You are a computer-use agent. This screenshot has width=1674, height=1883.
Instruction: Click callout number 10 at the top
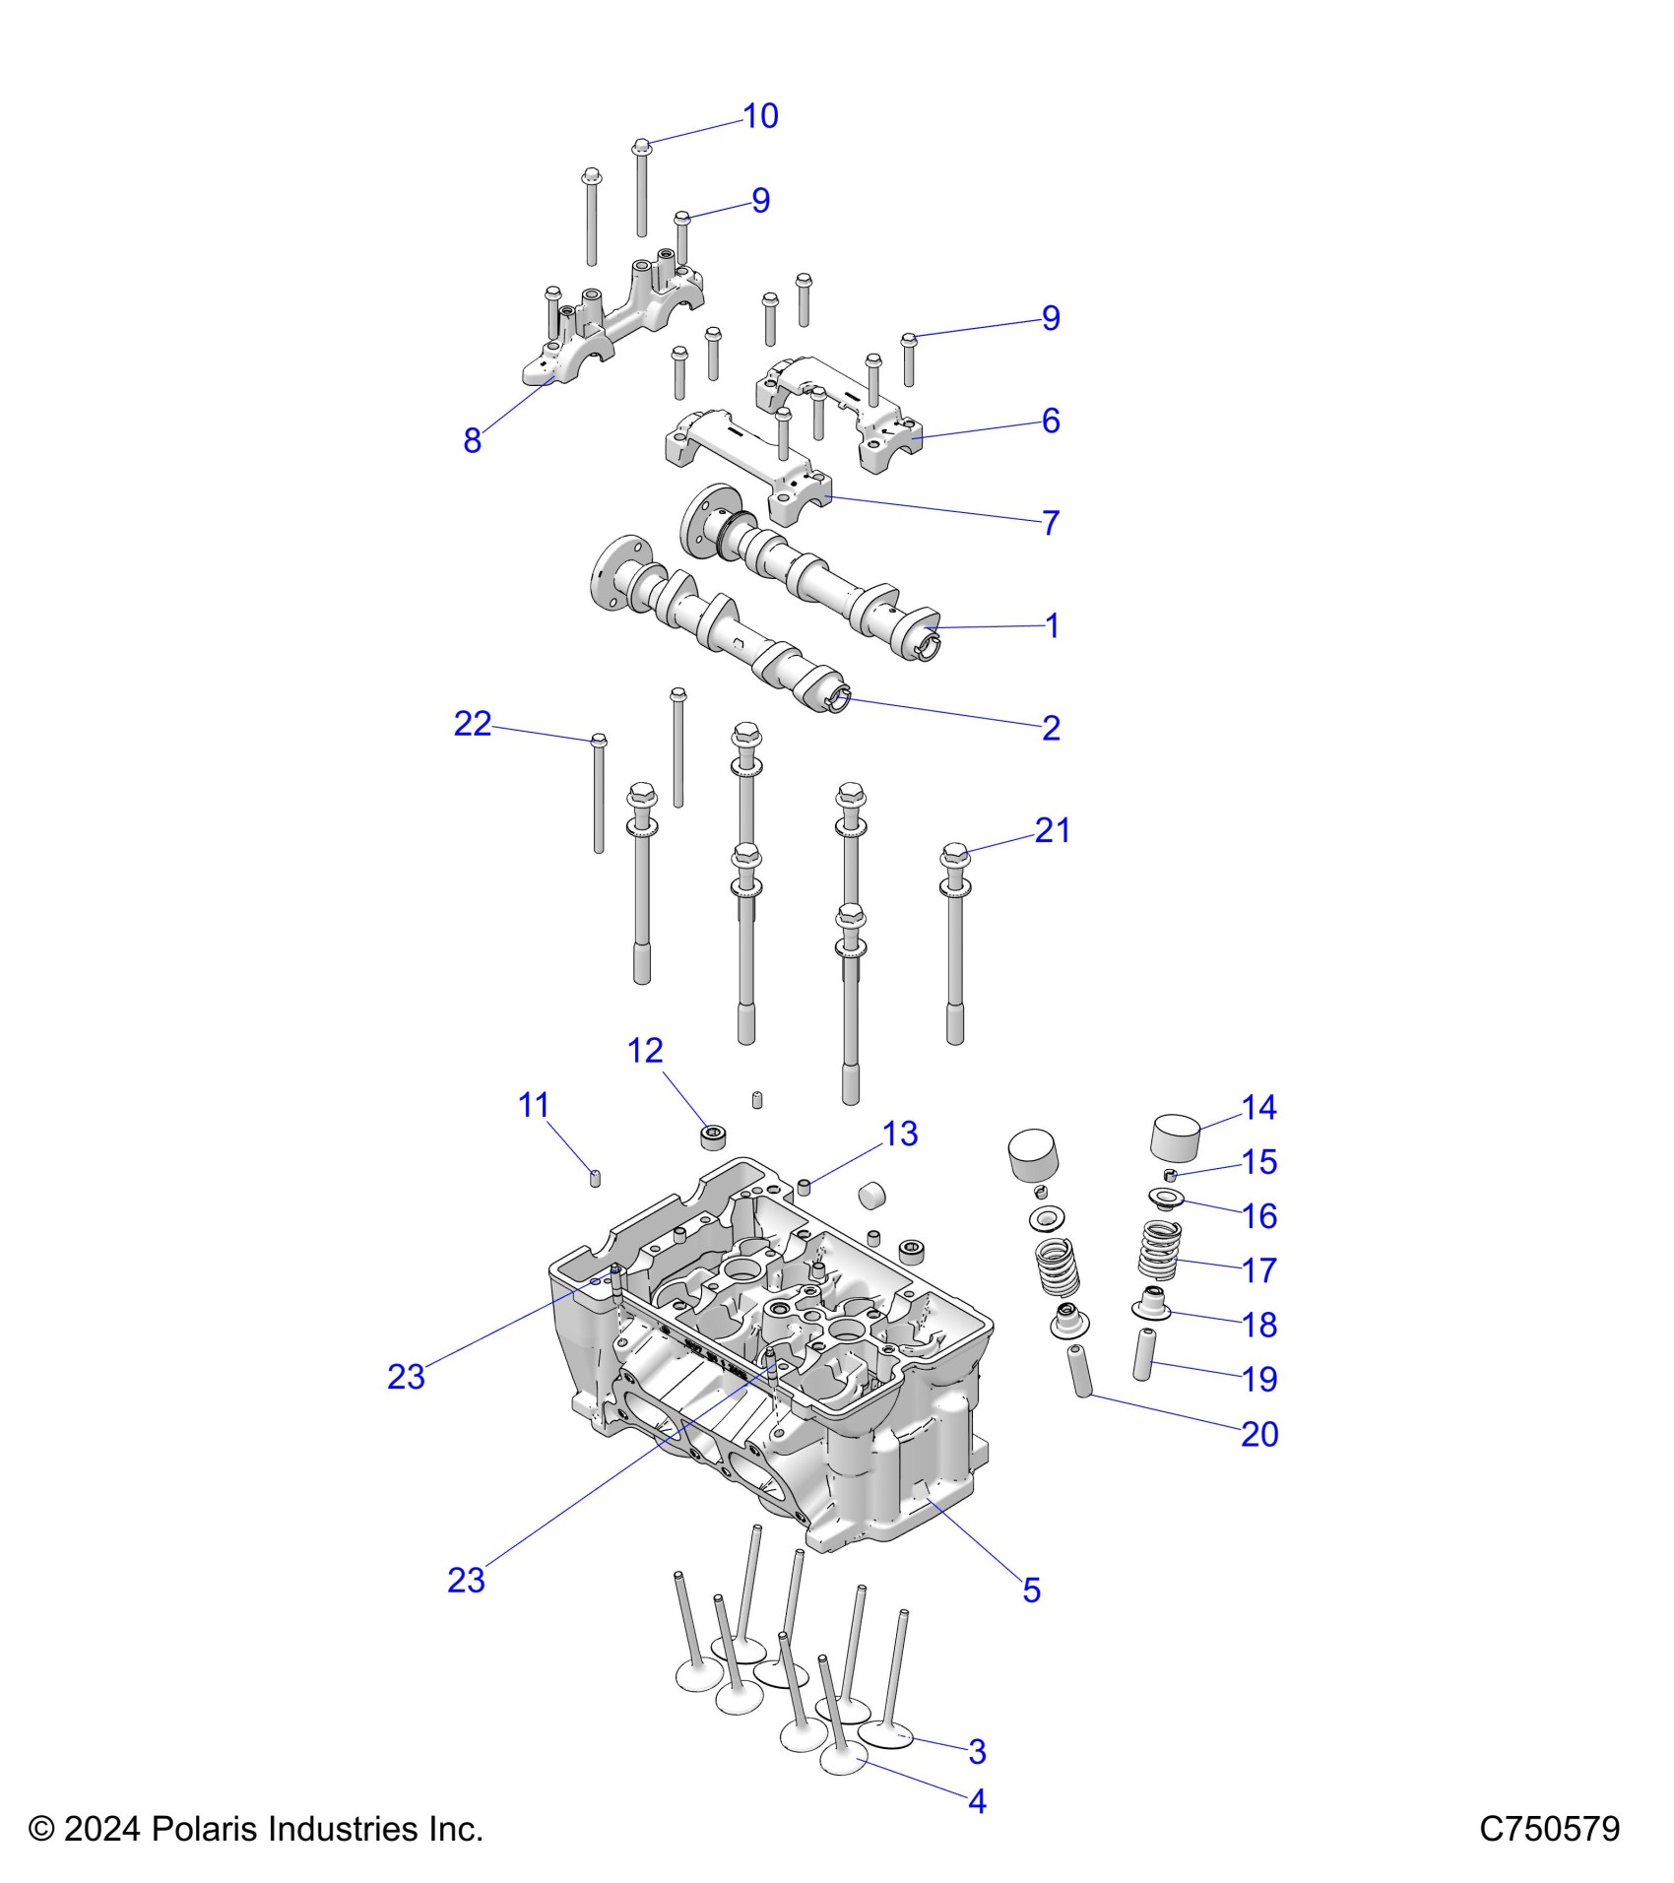(760, 116)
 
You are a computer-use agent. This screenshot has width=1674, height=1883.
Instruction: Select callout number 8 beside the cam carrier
(473, 440)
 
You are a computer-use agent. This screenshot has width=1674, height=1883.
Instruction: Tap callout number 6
(1051, 421)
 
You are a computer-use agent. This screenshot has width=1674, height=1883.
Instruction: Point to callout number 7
(1051, 522)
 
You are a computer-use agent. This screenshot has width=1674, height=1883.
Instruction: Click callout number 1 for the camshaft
(1052, 625)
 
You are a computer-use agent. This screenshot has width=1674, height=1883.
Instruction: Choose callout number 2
(1051, 728)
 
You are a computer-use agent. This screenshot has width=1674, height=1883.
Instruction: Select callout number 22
(472, 724)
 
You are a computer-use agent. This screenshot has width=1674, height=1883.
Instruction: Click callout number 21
(1052, 830)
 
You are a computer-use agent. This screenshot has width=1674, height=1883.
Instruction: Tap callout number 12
(645, 1051)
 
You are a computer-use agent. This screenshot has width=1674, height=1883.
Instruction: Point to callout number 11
(533, 1105)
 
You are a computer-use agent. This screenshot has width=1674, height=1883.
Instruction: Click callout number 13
(900, 1134)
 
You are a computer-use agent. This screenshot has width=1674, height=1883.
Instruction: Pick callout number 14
(1259, 1108)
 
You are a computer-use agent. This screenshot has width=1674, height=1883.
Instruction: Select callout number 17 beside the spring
(1259, 1270)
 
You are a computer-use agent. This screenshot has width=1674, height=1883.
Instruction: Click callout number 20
(1259, 1434)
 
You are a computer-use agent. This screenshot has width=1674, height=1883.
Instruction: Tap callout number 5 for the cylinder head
(1031, 1590)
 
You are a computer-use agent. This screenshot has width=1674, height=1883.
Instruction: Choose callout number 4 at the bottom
(977, 1801)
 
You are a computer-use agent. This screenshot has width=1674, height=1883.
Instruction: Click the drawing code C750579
(1549, 1829)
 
